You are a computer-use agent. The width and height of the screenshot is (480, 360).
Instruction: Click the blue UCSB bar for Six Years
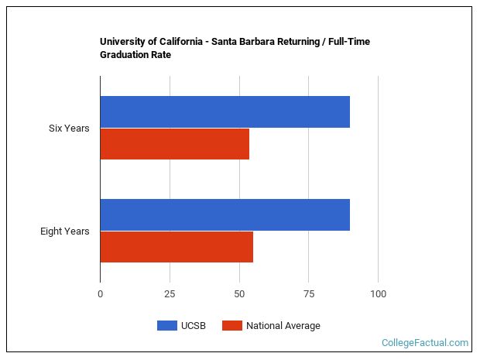click(x=225, y=111)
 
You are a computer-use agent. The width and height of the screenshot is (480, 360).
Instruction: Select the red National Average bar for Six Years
click(x=174, y=143)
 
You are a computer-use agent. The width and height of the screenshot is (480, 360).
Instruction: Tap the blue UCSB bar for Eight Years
click(x=225, y=214)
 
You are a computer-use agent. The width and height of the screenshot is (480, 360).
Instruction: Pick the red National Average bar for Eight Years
click(x=177, y=246)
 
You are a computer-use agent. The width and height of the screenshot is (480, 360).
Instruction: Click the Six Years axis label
click(x=69, y=128)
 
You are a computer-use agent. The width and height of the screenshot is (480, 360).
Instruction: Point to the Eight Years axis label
click(x=65, y=231)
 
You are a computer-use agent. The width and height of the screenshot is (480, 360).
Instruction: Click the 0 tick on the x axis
click(x=100, y=294)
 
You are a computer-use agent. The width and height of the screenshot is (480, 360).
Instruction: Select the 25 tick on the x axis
click(x=170, y=294)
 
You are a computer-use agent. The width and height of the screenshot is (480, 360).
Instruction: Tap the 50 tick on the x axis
click(x=239, y=294)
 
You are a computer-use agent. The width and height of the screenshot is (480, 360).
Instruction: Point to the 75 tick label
click(x=308, y=294)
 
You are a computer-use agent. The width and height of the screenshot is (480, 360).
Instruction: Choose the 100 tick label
click(x=378, y=294)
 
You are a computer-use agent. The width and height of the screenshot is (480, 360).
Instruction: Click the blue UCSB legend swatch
click(x=167, y=326)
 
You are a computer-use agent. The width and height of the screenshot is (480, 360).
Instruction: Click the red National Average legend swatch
click(x=231, y=326)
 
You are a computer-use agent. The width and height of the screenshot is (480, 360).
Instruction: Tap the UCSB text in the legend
click(x=194, y=326)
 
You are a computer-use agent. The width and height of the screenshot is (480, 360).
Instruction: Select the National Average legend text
click(x=283, y=326)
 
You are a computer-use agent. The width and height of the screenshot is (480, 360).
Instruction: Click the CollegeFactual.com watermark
click(x=425, y=342)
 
